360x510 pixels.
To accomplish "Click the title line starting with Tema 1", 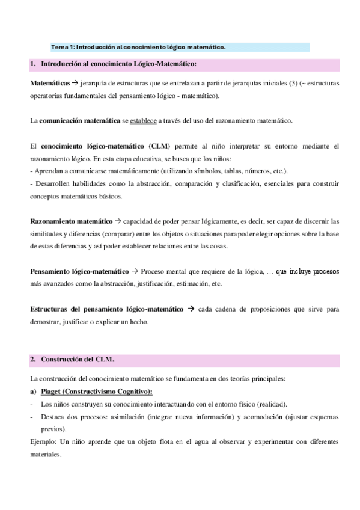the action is pos(139,47).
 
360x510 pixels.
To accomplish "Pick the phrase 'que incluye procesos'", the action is pos(308,272).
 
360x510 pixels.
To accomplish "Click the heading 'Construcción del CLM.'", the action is pos(78,360).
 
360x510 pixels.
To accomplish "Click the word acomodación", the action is pos(259,417).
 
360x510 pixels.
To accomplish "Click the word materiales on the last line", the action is pos(46,455).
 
